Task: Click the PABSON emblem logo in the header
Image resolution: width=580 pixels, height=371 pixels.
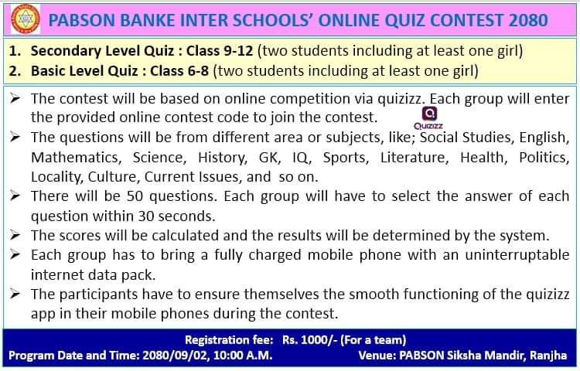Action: pyautogui.click(x=26, y=19)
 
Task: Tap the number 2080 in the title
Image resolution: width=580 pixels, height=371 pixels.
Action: pyautogui.click(x=528, y=20)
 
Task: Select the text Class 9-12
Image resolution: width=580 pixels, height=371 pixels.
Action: pyautogui.click(x=220, y=50)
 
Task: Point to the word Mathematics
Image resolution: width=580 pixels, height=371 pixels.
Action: pyautogui.click(x=77, y=158)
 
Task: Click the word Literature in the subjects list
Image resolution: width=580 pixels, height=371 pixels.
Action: pyautogui.click(x=415, y=158)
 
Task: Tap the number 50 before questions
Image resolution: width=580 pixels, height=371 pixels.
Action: pyautogui.click(x=135, y=196)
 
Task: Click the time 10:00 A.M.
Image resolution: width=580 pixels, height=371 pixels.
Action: pyautogui.click(x=243, y=356)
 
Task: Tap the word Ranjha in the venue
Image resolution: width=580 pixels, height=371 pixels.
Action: pyautogui.click(x=548, y=356)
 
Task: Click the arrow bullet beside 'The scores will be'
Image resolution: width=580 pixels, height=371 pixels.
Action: pyautogui.click(x=15, y=235)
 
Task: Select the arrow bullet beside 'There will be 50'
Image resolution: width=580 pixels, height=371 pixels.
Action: pyautogui.click(x=15, y=196)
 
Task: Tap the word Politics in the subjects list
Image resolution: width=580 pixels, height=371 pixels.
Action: pyautogui.click(x=544, y=158)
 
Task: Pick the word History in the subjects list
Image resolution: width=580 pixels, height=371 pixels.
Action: pyautogui.click(x=223, y=158)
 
